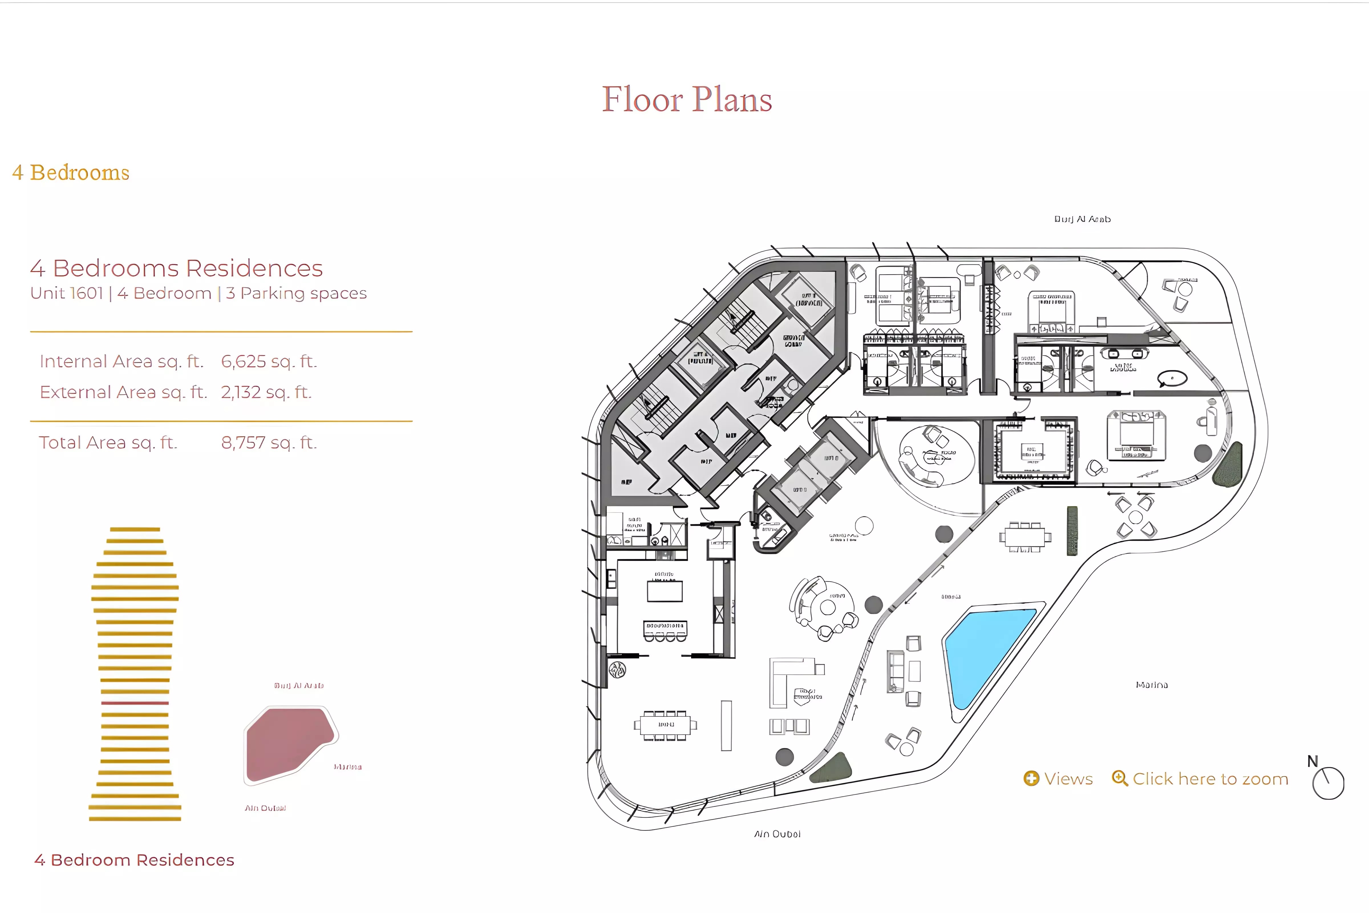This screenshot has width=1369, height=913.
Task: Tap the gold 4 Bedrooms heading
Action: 71,173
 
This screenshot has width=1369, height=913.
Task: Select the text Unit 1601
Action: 66,294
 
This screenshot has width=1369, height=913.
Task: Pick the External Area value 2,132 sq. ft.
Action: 266,393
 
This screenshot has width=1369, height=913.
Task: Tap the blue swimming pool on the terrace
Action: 984,652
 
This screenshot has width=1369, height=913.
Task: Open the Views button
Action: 1058,779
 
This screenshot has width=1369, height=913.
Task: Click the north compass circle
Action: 1328,783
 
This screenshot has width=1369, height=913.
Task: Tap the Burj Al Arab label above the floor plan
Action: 1082,219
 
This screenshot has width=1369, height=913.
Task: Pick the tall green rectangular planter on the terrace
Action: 1072,530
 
